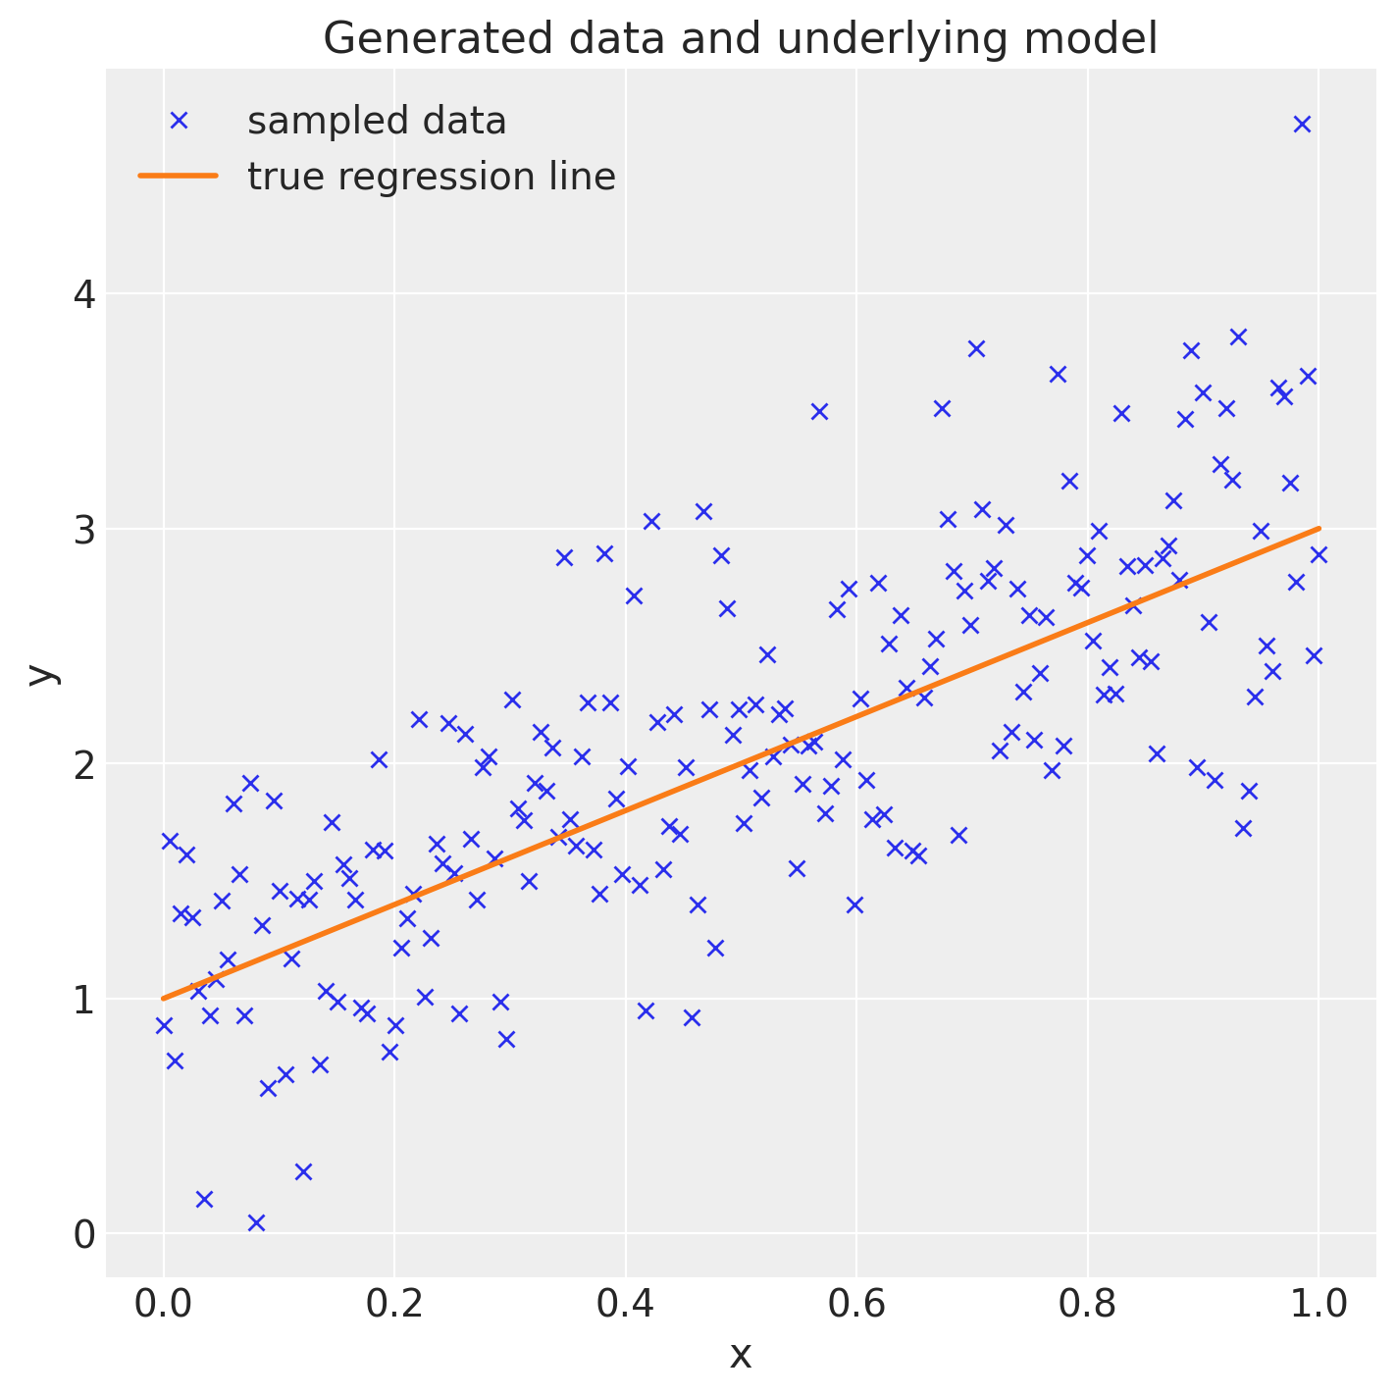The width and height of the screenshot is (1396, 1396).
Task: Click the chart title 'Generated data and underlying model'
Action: (740, 39)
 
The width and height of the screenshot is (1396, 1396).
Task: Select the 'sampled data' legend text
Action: (377, 122)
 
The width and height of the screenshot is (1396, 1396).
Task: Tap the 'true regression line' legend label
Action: (432, 178)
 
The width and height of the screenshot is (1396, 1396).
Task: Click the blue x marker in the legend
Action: (179, 121)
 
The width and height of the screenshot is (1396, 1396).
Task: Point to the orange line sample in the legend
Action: (179, 177)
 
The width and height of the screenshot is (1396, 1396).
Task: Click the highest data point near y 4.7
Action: (1302, 124)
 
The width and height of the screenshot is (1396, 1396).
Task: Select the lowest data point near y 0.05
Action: (256, 1222)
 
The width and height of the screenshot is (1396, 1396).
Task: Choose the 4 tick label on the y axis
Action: (85, 294)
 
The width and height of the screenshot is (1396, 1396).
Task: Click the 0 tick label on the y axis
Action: (85, 1234)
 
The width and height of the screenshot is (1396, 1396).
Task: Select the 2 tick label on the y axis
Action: (85, 764)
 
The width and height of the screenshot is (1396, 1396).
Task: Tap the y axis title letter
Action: (40, 673)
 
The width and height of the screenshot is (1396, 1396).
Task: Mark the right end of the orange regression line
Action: (1318, 528)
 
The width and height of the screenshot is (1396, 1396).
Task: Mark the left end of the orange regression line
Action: (164, 999)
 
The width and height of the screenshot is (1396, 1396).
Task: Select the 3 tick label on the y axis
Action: (85, 530)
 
